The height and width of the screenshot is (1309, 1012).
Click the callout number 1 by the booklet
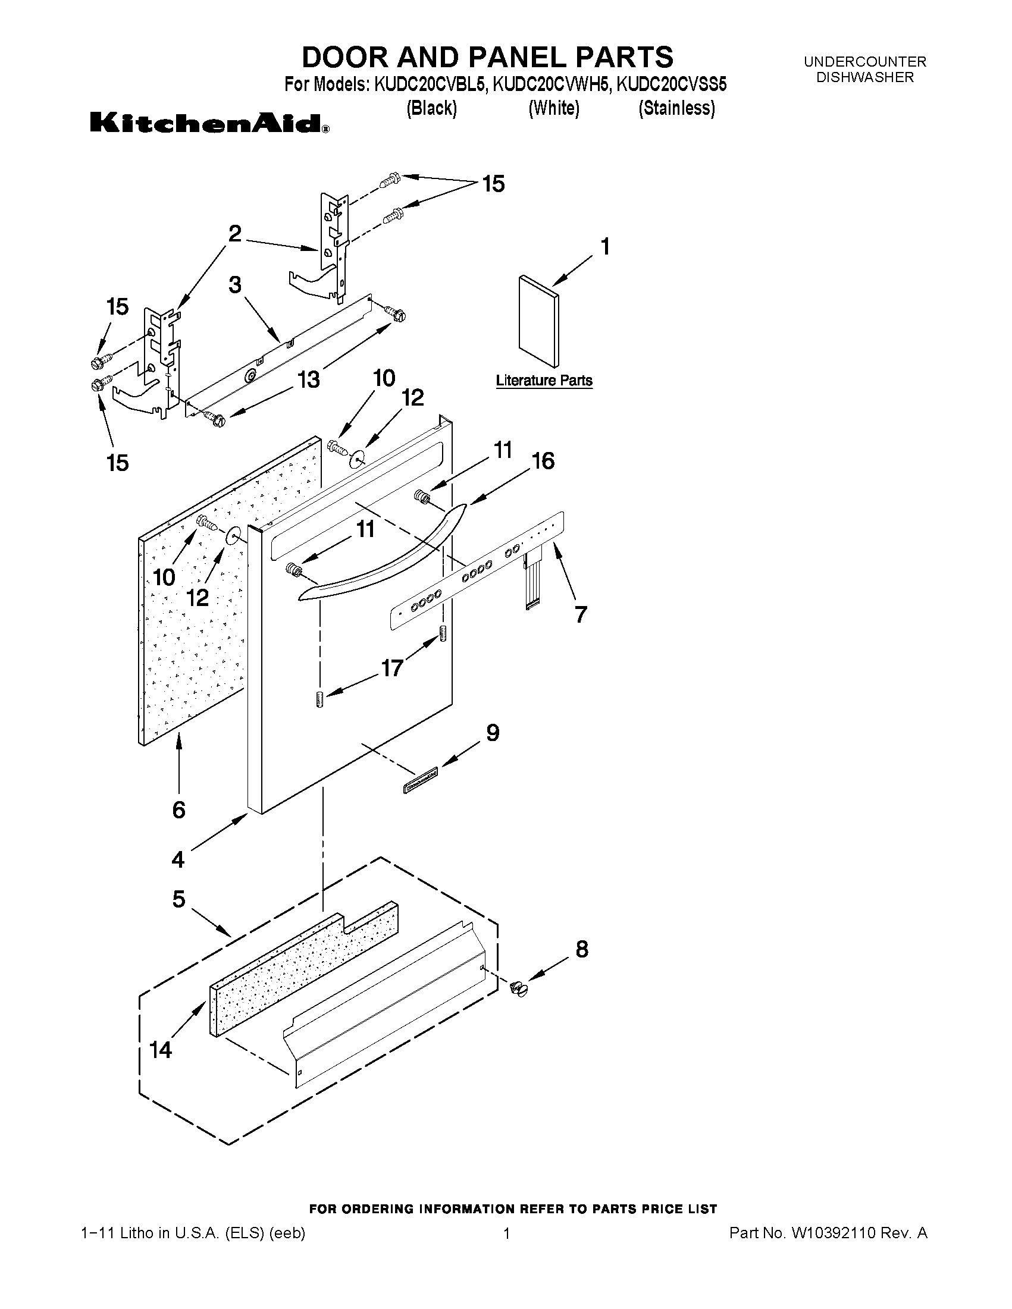(x=605, y=246)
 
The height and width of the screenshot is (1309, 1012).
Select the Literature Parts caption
(x=544, y=381)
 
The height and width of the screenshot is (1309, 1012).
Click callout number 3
(x=235, y=285)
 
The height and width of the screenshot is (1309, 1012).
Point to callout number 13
(x=309, y=379)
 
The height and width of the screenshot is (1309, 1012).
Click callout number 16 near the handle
(x=543, y=461)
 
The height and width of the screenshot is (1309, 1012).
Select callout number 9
(x=492, y=733)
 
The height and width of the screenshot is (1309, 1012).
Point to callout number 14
(x=161, y=1050)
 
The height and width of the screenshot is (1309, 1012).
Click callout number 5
(x=178, y=899)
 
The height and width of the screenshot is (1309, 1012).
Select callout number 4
(x=178, y=859)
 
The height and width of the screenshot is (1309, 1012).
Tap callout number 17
(x=392, y=668)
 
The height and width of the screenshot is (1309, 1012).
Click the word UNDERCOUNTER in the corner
(x=864, y=62)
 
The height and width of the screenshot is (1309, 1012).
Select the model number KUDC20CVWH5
(x=552, y=85)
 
